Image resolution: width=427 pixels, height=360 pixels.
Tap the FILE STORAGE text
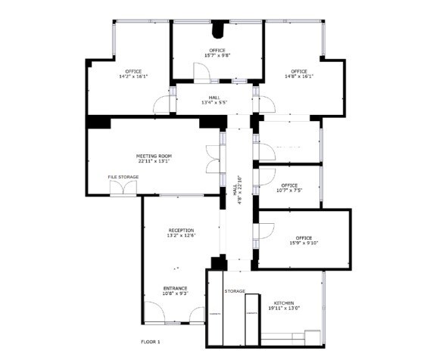(x=123, y=177)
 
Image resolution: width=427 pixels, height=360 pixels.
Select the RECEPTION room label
(x=181, y=230)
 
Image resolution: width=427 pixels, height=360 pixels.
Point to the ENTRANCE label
(x=175, y=287)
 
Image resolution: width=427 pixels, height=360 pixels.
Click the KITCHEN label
(x=284, y=303)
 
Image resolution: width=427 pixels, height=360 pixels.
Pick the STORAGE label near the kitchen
(x=235, y=290)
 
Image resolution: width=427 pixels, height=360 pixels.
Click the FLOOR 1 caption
(x=151, y=343)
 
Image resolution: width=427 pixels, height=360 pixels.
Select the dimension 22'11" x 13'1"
(x=153, y=160)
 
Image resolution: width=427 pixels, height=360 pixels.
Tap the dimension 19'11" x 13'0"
(x=284, y=308)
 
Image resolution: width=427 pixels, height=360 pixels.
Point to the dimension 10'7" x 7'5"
(x=289, y=190)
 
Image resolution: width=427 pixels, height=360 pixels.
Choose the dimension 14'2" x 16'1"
(x=133, y=76)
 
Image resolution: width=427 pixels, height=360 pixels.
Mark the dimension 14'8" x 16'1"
(x=299, y=76)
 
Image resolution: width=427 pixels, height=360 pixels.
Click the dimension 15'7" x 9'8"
(x=217, y=55)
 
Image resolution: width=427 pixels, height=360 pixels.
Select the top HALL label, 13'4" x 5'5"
(x=216, y=101)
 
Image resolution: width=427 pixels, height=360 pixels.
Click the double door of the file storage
(x=122, y=188)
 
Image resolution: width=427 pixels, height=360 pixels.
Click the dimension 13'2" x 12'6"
(x=181, y=235)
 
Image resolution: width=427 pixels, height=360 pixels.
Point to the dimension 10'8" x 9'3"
(x=175, y=293)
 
